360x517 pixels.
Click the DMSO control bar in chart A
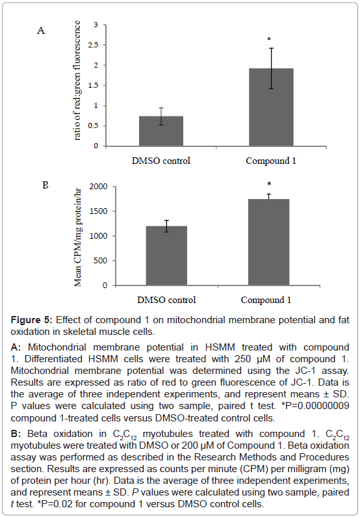pyautogui.click(x=161, y=131)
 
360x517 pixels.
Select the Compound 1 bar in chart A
pyautogui.click(x=271, y=107)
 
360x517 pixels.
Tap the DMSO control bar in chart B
pyautogui.click(x=166, y=256)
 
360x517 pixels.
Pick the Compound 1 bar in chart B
pyautogui.click(x=269, y=242)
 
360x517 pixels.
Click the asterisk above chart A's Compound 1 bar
pyautogui.click(x=269, y=40)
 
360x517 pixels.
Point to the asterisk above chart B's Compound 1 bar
pyautogui.click(x=269, y=184)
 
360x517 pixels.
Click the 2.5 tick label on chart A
pyautogui.click(x=93, y=45)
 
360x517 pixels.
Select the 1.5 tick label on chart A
pyautogui.click(x=93, y=85)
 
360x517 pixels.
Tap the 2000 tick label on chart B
pyautogui.click(x=99, y=187)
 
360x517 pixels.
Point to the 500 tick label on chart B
pyautogui.click(x=101, y=261)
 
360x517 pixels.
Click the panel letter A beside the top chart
pyautogui.click(x=41, y=31)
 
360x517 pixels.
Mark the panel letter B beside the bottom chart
pyautogui.click(x=45, y=185)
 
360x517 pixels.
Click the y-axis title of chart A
pyautogui.click(x=77, y=81)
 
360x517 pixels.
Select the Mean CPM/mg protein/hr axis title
pyautogui.click(x=78, y=237)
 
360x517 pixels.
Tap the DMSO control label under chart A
pyautogui.click(x=161, y=161)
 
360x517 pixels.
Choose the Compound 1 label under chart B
pyautogui.click(x=266, y=300)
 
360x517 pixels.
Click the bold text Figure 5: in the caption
pyautogui.click(x=31, y=320)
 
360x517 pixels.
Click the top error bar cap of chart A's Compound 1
pyautogui.click(x=271, y=48)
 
